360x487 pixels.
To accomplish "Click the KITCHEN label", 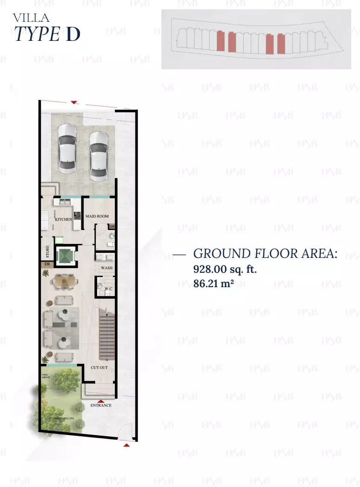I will (63, 219).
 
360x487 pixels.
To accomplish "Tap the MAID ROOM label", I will (97, 216).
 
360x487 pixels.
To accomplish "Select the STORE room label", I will (47, 252).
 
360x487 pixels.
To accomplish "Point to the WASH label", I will (107, 268).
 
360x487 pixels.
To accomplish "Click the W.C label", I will (108, 289).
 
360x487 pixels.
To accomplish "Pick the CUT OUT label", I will (99, 368).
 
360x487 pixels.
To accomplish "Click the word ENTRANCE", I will (101, 405).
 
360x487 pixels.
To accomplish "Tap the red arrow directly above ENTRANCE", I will (100, 400).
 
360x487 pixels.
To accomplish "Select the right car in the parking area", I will (99, 156).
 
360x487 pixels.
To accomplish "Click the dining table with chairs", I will (64, 281).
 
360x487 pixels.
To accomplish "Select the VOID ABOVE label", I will (45, 376).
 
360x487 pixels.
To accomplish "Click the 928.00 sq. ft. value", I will (225, 269).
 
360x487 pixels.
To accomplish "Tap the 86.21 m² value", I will (213, 283).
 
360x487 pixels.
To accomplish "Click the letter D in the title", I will (73, 35).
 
